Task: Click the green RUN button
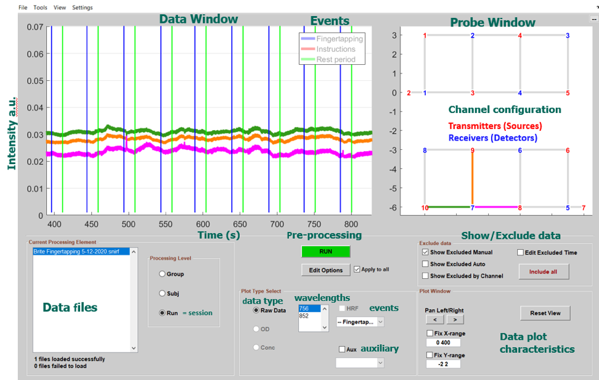point(325,252)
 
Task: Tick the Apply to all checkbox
point(357,270)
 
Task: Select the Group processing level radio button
point(163,274)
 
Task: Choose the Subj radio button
point(163,294)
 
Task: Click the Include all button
point(544,271)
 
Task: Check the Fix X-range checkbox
point(430,333)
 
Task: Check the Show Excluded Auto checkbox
point(425,264)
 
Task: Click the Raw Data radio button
point(256,311)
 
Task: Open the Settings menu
point(83,8)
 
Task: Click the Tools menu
point(40,8)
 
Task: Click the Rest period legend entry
point(336,59)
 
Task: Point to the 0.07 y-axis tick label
point(34,27)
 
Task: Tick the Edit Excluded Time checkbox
point(520,252)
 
